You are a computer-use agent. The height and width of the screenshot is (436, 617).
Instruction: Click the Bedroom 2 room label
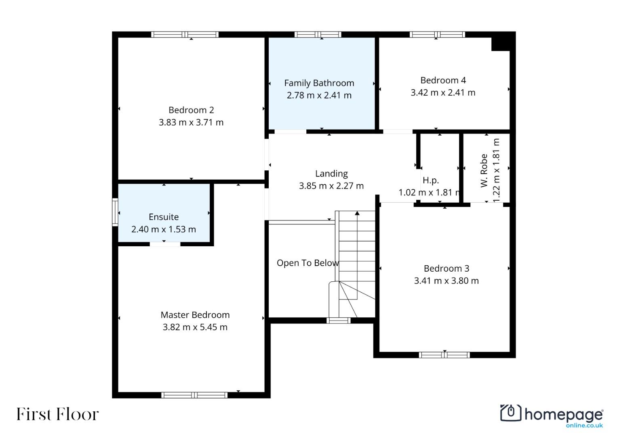pyautogui.click(x=191, y=110)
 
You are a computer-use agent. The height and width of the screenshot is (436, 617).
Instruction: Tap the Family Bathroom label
pyautogui.click(x=319, y=83)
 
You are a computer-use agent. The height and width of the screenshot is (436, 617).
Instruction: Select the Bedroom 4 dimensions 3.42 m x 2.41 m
pyautogui.click(x=443, y=92)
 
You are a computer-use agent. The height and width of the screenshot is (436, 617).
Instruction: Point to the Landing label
pyautogui.click(x=331, y=174)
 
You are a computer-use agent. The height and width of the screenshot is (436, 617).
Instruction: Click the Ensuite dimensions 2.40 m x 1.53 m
pyautogui.click(x=164, y=229)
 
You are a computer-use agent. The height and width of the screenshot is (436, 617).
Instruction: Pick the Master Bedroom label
pyautogui.click(x=195, y=315)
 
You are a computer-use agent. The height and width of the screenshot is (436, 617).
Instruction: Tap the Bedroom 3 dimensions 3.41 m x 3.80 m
pyautogui.click(x=446, y=281)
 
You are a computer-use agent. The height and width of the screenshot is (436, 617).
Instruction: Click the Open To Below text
pyautogui.click(x=307, y=263)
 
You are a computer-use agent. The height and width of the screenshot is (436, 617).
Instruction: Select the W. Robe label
pyautogui.click(x=484, y=171)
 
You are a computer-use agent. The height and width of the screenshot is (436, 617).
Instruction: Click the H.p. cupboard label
pyautogui.click(x=430, y=180)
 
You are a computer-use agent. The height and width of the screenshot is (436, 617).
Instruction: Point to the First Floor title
pyautogui.click(x=57, y=414)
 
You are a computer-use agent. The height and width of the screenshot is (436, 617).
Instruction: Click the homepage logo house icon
pyautogui.click(x=511, y=413)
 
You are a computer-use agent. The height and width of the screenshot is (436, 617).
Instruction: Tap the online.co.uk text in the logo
pyautogui.click(x=585, y=426)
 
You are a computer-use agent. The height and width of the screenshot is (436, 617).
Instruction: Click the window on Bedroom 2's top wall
pyautogui.click(x=185, y=34)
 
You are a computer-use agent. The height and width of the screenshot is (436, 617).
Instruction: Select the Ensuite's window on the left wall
pyautogui.click(x=115, y=212)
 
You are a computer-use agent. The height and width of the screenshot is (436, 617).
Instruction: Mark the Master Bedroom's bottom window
pyautogui.click(x=194, y=395)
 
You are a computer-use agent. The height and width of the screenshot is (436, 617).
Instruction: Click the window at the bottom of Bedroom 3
pyautogui.click(x=444, y=355)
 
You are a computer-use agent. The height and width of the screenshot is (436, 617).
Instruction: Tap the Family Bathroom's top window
pyautogui.click(x=318, y=34)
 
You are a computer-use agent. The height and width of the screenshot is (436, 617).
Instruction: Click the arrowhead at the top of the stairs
pyautogui.click(x=357, y=213)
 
